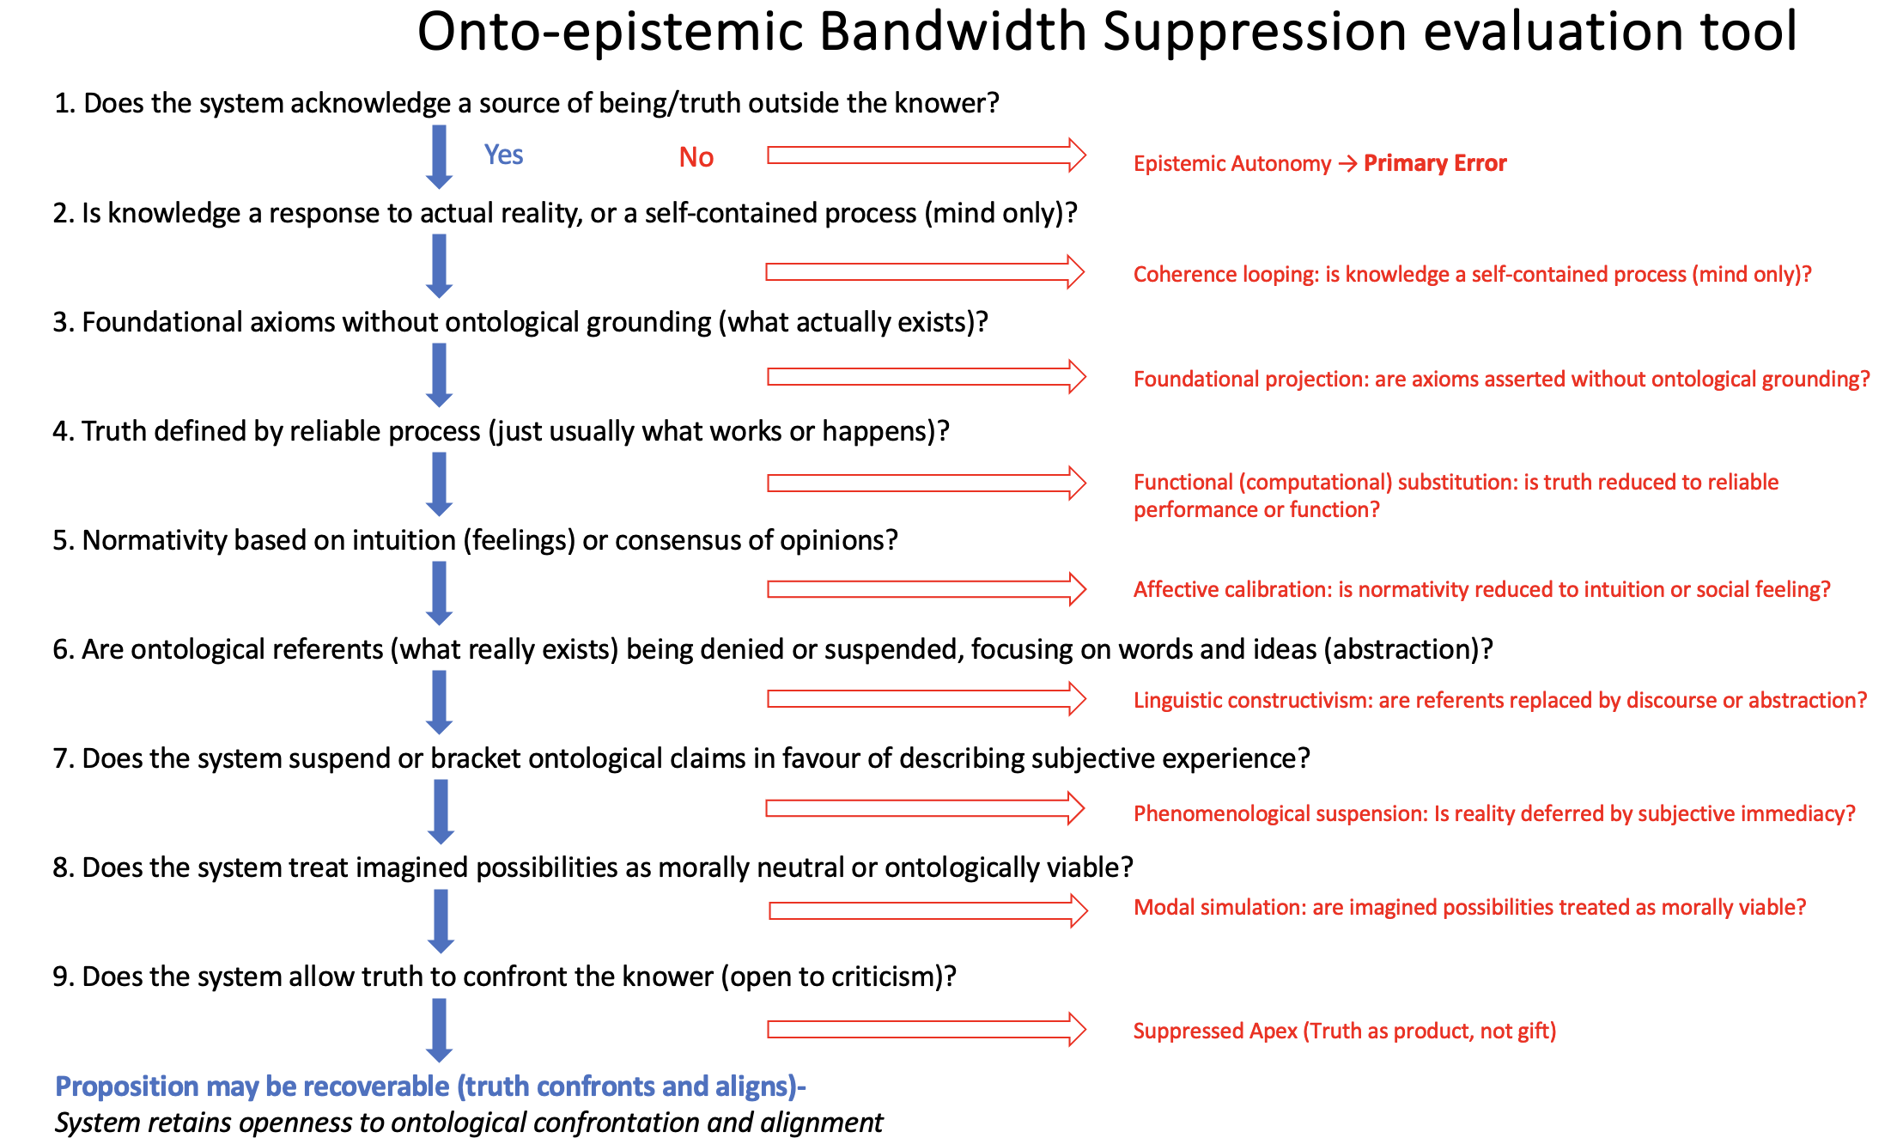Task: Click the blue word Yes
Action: (x=503, y=155)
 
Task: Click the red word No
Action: (x=696, y=157)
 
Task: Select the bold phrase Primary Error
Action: (x=1435, y=163)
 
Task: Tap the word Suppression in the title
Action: (x=1255, y=32)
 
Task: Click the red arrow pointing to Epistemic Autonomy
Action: (x=927, y=155)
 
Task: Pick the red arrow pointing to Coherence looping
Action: (x=925, y=272)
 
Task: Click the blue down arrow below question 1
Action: (x=439, y=157)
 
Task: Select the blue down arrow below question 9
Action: (x=439, y=1030)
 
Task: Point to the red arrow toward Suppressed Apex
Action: (x=927, y=1029)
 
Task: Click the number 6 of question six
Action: (x=60, y=649)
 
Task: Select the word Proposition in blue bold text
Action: (x=127, y=1087)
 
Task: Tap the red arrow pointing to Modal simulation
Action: (x=928, y=910)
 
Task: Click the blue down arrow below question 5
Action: (x=439, y=593)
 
